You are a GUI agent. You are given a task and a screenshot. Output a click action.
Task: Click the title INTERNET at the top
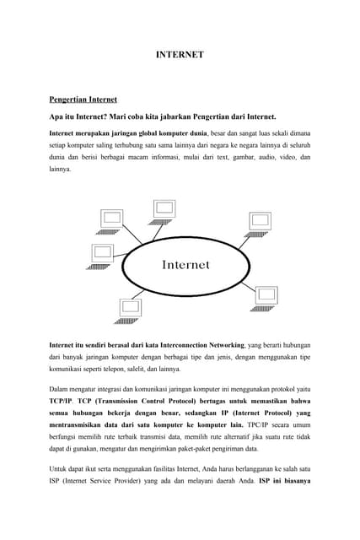pyautogui.click(x=180, y=55)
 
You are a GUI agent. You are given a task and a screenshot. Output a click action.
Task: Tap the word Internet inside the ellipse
pyautogui.click(x=185, y=264)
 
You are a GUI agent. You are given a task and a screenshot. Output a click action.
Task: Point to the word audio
pyautogui.click(x=260, y=157)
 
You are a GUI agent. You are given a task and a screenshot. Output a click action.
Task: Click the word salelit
pyautogui.click(x=146, y=369)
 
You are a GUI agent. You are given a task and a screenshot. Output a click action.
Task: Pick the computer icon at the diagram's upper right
pyautogui.click(x=258, y=221)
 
